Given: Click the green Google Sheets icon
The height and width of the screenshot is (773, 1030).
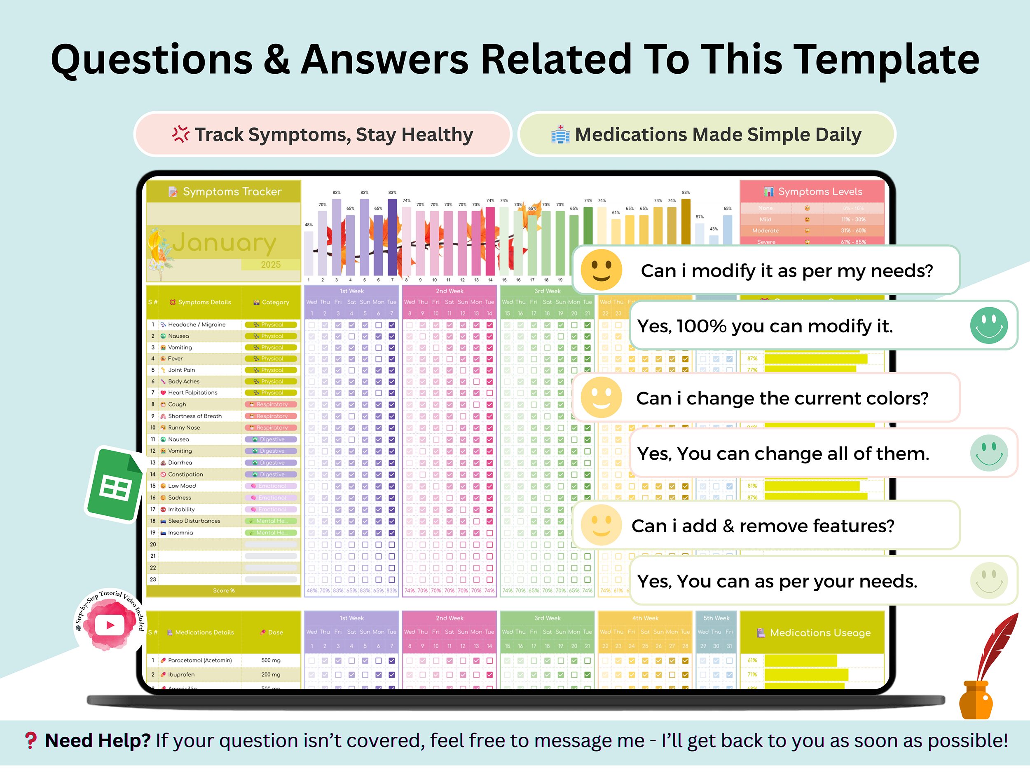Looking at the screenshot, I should pos(115,484).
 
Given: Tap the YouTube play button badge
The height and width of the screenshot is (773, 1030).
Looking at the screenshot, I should pos(110,624).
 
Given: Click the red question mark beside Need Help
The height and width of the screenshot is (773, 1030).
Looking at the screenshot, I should pos(31,740).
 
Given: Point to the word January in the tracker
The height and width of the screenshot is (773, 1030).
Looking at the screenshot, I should pos(224,242).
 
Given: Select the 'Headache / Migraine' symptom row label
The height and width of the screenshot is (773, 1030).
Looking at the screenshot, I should pos(197,325).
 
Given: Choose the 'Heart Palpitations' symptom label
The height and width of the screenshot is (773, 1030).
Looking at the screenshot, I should pos(192,393).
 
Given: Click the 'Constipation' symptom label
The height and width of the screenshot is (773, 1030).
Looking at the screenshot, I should pos(185,475).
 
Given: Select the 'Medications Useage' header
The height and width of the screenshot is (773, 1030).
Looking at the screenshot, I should pos(819,633).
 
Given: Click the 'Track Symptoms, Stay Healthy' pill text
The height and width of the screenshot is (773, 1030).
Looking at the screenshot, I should pos(333,135).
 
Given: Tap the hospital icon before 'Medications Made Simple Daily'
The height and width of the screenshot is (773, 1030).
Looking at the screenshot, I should pos(560,135).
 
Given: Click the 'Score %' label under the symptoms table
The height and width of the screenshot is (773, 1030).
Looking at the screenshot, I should pos(223,590).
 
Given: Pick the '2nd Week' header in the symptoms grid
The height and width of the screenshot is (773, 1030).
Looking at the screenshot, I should pos(449,291).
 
